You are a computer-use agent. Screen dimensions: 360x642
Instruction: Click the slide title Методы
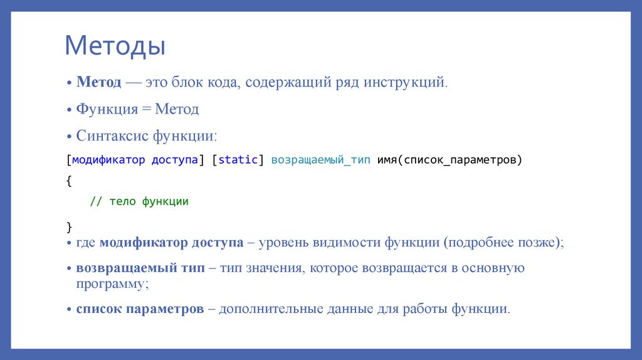point(115,46)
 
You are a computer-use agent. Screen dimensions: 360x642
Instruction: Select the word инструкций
point(405,82)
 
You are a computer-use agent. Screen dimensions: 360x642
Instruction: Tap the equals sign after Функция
point(145,109)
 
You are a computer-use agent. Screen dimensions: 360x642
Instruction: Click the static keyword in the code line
point(238,160)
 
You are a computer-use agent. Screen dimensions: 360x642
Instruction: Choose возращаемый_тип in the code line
point(321,160)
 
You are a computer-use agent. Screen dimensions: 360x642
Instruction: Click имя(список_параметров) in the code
point(449,160)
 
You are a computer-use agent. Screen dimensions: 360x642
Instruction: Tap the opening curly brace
point(68,181)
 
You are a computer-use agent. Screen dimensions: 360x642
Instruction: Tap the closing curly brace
point(68,225)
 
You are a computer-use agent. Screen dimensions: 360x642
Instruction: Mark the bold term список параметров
point(140,309)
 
